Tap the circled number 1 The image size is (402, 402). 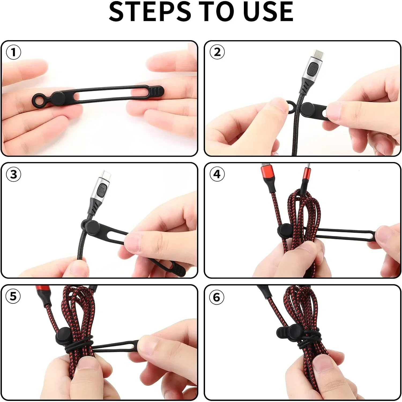tap(13, 52)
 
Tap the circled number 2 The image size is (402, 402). tap(217, 52)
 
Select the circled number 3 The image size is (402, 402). tap(13, 174)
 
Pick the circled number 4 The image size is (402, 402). tap(217, 174)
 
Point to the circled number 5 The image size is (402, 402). tap(13, 296)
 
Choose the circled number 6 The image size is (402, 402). tap(217, 297)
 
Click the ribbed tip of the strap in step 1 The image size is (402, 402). tap(157, 92)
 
